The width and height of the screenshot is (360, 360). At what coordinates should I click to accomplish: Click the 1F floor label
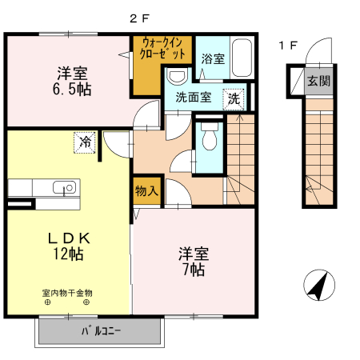tap(287, 46)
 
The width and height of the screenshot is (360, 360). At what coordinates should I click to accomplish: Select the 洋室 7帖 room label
tap(194, 262)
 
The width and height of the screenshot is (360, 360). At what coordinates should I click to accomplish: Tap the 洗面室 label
tap(194, 98)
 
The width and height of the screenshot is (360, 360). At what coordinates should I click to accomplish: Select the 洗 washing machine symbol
tap(234, 98)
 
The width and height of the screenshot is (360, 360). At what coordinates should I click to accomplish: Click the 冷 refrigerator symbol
tap(83, 142)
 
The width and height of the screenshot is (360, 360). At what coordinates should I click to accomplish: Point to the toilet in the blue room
tap(209, 141)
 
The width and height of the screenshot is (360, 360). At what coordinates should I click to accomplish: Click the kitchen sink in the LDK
tap(64, 189)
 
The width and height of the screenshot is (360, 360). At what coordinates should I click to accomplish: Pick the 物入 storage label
tap(146, 191)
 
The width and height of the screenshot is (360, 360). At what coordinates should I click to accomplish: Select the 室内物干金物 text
tap(67, 293)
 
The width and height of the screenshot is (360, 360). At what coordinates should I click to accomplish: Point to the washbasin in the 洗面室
tap(178, 77)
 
